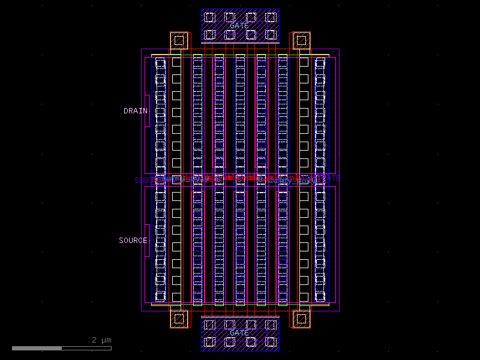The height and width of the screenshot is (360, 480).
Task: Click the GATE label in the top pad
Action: click(239, 26)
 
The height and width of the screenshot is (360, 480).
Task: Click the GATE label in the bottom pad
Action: click(239, 333)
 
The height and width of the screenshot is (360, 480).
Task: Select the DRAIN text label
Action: click(135, 111)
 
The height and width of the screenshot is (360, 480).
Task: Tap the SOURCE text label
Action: click(133, 241)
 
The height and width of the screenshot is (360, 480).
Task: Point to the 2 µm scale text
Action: click(101, 340)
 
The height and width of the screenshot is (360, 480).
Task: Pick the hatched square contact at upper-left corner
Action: click(179, 41)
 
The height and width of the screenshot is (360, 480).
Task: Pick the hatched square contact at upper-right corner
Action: click(301, 41)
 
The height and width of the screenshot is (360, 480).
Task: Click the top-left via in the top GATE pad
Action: click(209, 17)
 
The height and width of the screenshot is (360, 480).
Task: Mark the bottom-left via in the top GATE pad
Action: click(209, 35)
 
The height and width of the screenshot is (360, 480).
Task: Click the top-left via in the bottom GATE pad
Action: click(209, 325)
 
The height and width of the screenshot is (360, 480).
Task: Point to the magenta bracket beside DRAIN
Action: click(147, 111)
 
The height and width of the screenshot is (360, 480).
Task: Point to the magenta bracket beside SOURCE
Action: click(147, 241)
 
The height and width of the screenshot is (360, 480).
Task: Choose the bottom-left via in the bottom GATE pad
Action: click(209, 342)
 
